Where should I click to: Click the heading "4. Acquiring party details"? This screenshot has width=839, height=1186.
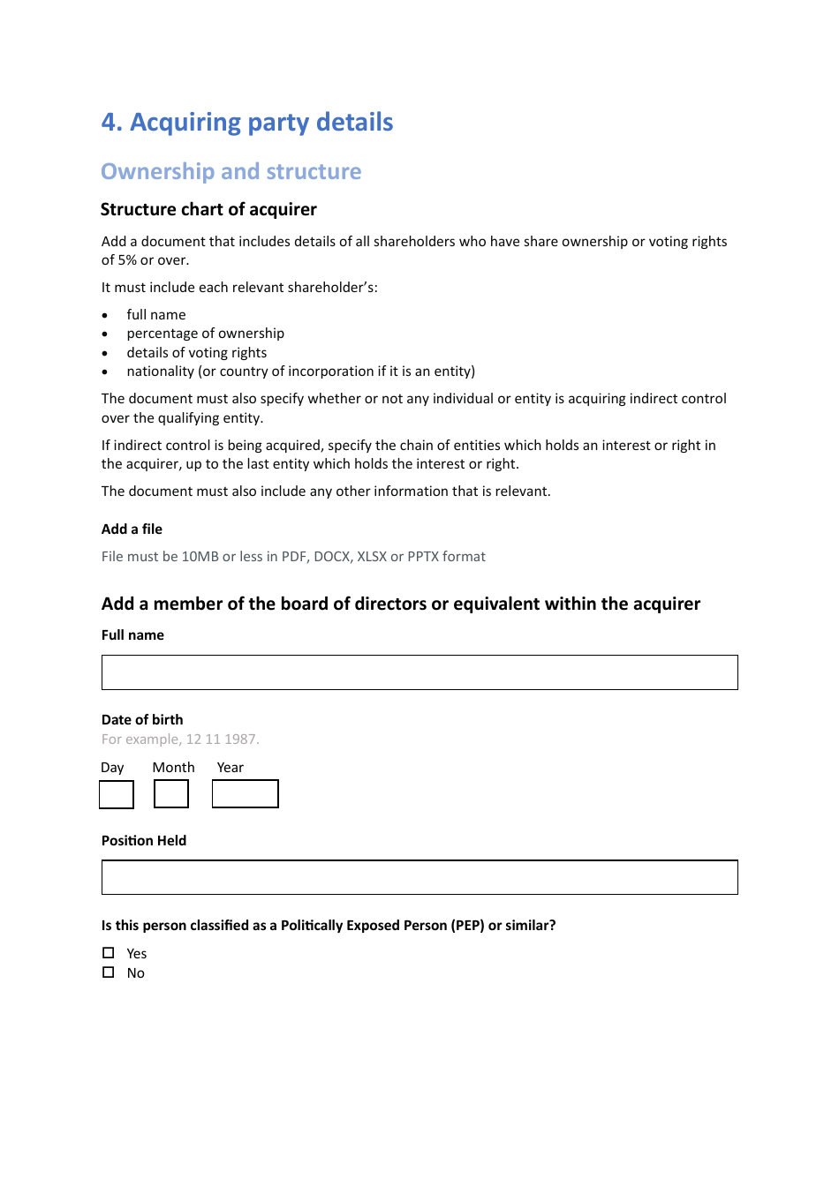(247, 122)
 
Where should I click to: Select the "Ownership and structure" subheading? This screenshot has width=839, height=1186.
(231, 171)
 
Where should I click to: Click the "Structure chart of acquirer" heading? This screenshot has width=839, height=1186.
(208, 209)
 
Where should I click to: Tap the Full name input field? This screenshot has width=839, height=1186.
(419, 672)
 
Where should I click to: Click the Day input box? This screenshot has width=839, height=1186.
(117, 794)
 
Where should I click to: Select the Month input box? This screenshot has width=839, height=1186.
(171, 794)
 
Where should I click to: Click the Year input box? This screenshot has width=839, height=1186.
(246, 794)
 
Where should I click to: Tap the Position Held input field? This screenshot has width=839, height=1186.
(419, 877)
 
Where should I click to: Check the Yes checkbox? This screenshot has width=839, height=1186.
(109, 953)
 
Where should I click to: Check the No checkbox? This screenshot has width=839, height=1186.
(109, 972)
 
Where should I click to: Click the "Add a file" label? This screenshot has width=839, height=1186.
(132, 529)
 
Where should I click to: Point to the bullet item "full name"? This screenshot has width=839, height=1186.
(156, 315)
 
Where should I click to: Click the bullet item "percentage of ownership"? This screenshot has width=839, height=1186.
(205, 334)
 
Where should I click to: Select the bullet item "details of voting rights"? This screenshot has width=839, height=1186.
(196, 353)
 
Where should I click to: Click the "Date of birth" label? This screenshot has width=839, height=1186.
(142, 720)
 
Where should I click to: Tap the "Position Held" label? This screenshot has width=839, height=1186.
(144, 841)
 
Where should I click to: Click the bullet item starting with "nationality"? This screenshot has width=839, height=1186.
(300, 372)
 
